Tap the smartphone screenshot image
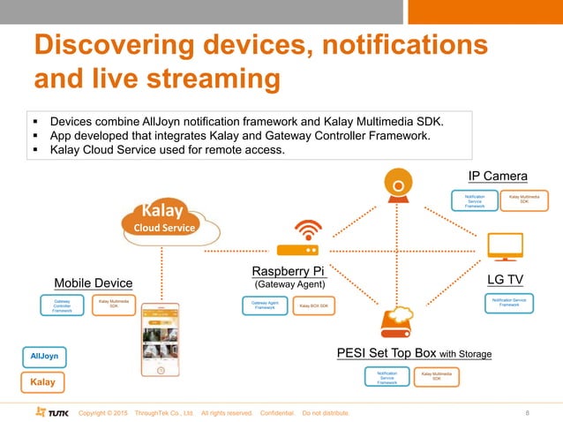pos(160,340)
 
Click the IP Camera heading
pos(497,176)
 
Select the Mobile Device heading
pos(93,283)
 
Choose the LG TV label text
pos(506,279)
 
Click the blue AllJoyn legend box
pos(44,355)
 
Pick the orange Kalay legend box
pos(44,383)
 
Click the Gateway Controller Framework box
pos(63,305)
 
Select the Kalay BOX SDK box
pos(313,305)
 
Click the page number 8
pos(527,412)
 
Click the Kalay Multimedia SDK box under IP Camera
pos(524,200)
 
